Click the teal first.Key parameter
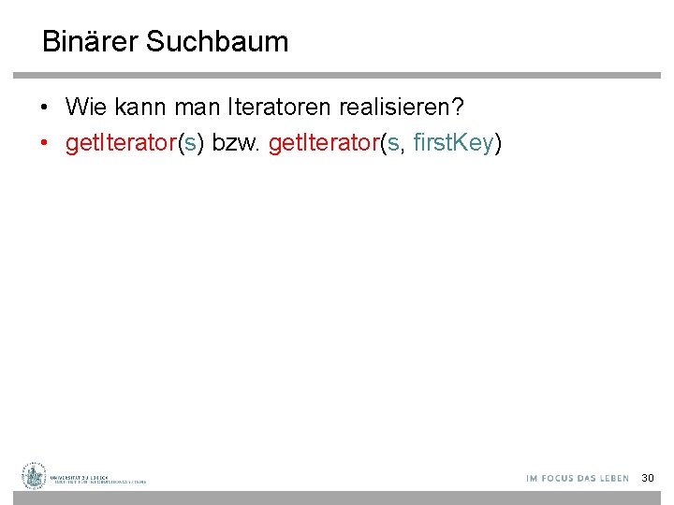click(454, 143)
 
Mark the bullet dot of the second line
click(45, 144)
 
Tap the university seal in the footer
click(35, 476)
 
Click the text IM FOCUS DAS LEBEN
click(577, 478)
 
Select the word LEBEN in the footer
click(613, 478)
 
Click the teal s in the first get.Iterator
click(190, 143)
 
